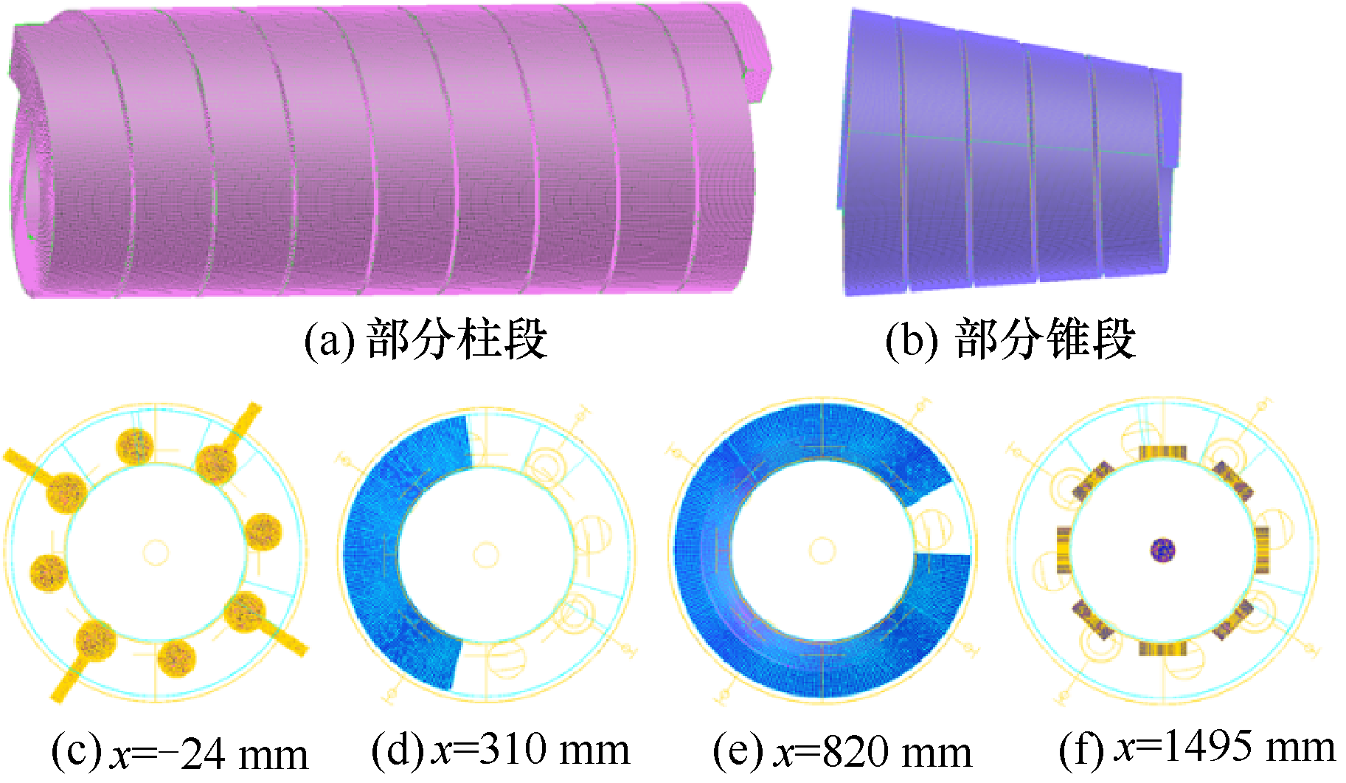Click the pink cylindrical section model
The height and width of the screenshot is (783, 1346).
coord(384,155)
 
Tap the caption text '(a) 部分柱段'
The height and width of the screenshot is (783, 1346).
coord(426,339)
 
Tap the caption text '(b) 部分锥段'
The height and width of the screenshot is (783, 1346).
coord(1010,339)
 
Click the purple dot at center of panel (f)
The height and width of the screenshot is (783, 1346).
coord(1163,550)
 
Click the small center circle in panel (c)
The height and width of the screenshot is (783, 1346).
coord(156,552)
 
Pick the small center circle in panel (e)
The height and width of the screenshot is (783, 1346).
coord(822,551)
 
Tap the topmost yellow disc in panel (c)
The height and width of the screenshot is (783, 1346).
coord(136,446)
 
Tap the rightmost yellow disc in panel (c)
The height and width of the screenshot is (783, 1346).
coord(263,531)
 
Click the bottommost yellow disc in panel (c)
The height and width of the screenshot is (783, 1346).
coord(176,658)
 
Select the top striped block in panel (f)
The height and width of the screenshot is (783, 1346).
coord(1162,452)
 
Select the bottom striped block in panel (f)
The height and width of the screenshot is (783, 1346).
coord(1162,649)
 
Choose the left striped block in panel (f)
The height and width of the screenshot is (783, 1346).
coord(1064,550)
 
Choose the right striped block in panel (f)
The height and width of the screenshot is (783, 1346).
coord(1262,550)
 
